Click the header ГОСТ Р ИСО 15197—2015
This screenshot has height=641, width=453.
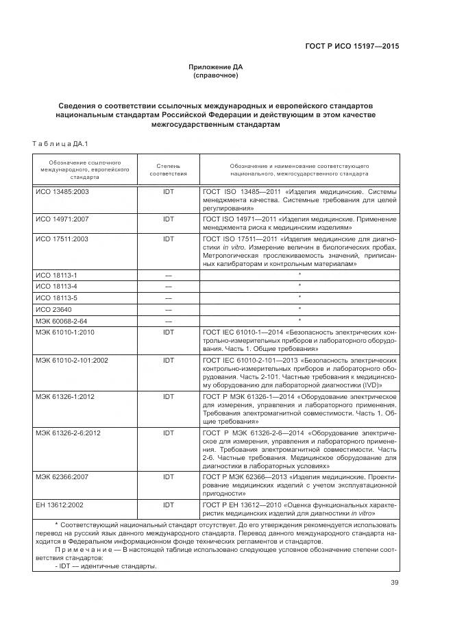coord(352,46)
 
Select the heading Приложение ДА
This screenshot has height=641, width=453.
coord(216,66)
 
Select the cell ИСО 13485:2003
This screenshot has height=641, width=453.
coord(62,192)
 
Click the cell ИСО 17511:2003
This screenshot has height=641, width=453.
coord(62,239)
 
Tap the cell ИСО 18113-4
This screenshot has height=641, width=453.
coord(56,286)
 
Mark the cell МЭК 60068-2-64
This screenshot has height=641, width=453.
coord(61,320)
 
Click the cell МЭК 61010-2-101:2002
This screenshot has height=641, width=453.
coord(72,359)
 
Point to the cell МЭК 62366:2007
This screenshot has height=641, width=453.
coord(62,475)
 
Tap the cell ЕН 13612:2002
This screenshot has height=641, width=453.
coord(61,505)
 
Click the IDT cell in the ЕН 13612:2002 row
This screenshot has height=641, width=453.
coord(168,505)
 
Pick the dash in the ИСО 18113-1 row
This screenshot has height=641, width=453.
coord(168,274)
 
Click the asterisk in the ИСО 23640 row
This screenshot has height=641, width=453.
coord(299,309)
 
